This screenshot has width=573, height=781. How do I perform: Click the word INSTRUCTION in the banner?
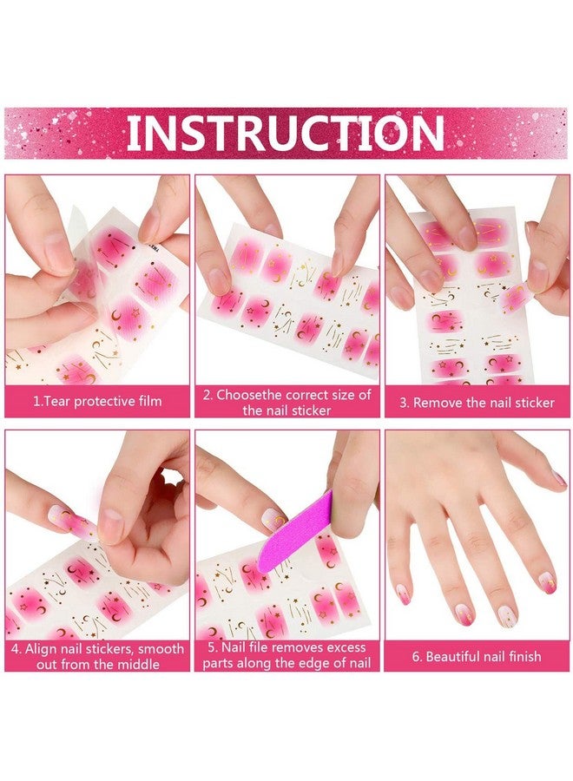pyautogui.click(x=286, y=133)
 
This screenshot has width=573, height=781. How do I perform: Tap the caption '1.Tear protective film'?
pyautogui.click(x=97, y=402)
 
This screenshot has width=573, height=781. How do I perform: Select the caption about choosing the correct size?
pyautogui.click(x=286, y=402)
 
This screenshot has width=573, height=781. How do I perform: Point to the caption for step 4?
pyautogui.click(x=97, y=656)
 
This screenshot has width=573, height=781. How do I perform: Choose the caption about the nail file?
pyautogui.click(x=286, y=656)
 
